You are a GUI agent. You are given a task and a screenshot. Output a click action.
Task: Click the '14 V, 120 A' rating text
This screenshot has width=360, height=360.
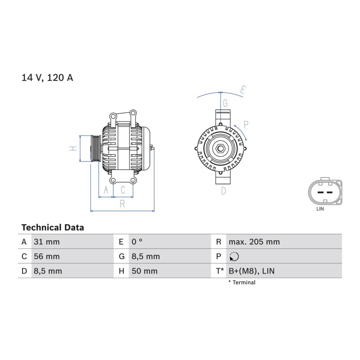(x=47, y=77)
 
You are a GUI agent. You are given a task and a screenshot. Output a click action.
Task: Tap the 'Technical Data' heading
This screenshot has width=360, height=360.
(x=53, y=228)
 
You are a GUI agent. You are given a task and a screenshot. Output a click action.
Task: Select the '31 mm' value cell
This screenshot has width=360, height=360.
(x=47, y=242)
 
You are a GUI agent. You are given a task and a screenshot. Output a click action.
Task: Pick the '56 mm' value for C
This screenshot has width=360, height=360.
(x=47, y=256)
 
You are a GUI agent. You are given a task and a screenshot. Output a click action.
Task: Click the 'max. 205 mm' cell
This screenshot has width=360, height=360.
(x=254, y=242)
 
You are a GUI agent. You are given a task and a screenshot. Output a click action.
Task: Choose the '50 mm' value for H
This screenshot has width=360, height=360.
(x=144, y=271)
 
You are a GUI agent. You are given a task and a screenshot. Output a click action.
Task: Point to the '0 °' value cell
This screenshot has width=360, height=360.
(x=137, y=242)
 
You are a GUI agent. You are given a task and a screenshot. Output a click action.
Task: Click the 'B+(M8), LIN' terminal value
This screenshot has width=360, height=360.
(x=252, y=271)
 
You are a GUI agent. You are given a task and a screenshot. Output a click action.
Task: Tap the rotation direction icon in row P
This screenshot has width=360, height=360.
(x=234, y=256)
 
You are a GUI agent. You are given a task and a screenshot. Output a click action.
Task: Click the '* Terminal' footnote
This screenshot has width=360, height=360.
(x=242, y=283)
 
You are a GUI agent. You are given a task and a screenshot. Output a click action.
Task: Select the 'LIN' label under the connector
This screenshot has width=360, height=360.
(x=320, y=209)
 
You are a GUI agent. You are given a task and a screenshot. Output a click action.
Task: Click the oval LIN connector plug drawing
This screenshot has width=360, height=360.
(x=325, y=192)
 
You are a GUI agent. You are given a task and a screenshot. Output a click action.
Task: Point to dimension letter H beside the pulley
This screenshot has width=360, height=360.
(x=73, y=148)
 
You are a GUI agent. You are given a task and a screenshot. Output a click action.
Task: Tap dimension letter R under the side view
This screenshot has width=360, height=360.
(x=122, y=204)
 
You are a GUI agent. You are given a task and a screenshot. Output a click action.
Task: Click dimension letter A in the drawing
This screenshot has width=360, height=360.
(x=106, y=190)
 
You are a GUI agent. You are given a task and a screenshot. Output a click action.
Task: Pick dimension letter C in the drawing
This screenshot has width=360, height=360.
(x=123, y=190)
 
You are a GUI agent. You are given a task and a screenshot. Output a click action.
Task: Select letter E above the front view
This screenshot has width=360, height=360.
(x=243, y=90)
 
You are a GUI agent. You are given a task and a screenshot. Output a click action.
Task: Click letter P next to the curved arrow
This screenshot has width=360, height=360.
(x=246, y=125)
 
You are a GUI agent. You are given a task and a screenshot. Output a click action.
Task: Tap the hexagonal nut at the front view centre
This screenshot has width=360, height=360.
(x=220, y=148)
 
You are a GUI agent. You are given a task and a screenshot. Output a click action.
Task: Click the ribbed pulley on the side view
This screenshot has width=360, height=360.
(x=96, y=148)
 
